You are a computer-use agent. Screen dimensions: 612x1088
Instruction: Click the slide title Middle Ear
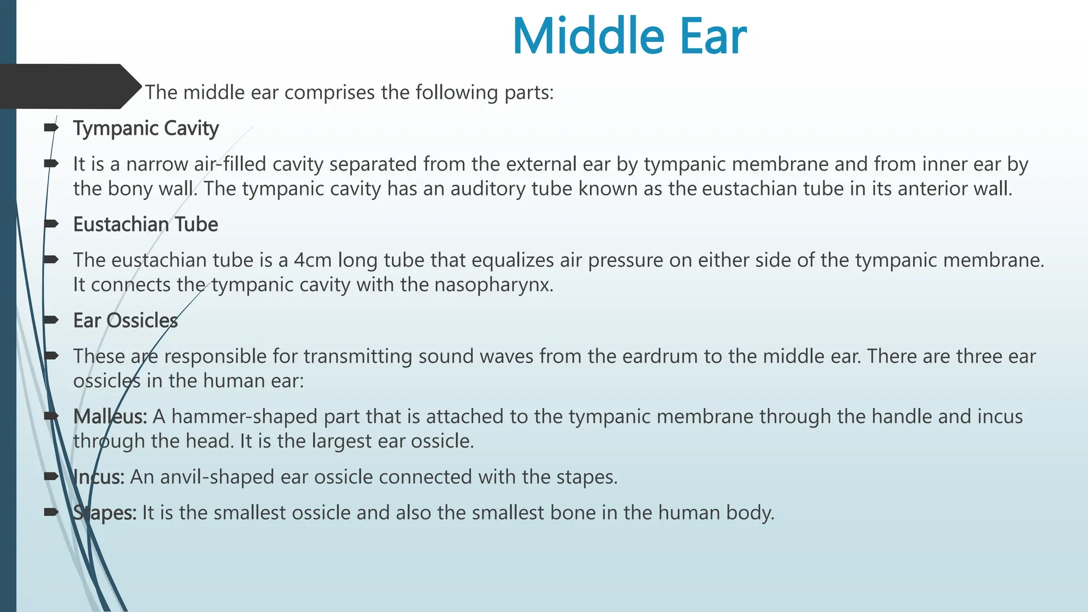pyautogui.click(x=630, y=36)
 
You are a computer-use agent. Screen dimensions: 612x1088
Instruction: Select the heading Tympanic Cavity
pyautogui.click(x=146, y=129)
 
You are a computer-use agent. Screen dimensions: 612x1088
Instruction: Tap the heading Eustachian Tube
pyautogui.click(x=145, y=225)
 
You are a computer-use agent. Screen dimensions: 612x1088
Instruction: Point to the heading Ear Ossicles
pyautogui.click(x=125, y=321)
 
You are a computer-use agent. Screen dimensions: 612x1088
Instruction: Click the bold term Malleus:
pyautogui.click(x=110, y=417)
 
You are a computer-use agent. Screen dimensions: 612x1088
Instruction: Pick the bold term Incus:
pyautogui.click(x=99, y=477)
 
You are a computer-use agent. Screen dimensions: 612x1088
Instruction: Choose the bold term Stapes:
pyautogui.click(x=105, y=513)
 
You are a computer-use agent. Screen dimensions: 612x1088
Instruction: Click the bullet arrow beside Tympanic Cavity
pyautogui.click(x=51, y=127)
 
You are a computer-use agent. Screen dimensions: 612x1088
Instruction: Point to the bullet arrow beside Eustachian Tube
pyautogui.click(x=51, y=224)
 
